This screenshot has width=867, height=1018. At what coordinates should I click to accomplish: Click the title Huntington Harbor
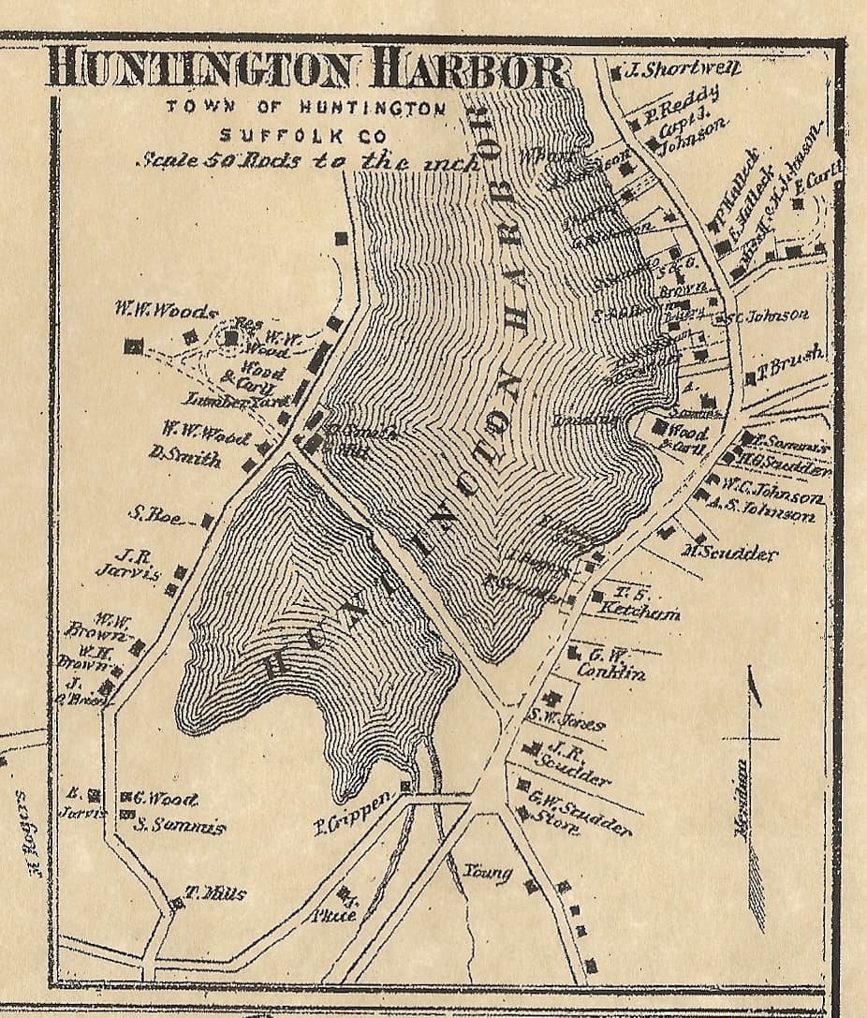point(307,68)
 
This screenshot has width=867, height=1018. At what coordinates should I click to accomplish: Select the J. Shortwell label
point(681,68)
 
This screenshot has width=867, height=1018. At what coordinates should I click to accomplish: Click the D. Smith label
point(184,458)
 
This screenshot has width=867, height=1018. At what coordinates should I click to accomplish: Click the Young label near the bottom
point(488,873)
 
